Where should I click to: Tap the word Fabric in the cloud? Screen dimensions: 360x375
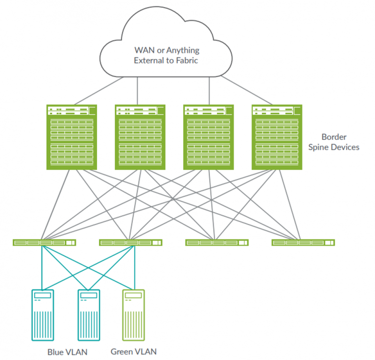coord(187,60)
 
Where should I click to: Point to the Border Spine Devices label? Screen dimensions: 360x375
coord(340,142)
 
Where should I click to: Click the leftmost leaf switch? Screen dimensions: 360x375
coord(44,242)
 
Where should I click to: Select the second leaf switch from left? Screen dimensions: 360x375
coord(130,242)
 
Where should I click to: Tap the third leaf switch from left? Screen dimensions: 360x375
coord(217,242)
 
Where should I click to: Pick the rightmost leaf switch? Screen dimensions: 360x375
coord(303,242)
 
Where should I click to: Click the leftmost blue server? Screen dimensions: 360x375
coord(43,314)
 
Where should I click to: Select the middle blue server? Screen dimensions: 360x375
coord(88,314)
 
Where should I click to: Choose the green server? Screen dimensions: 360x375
coord(134,314)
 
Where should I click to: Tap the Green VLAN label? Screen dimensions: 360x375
coord(133,351)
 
